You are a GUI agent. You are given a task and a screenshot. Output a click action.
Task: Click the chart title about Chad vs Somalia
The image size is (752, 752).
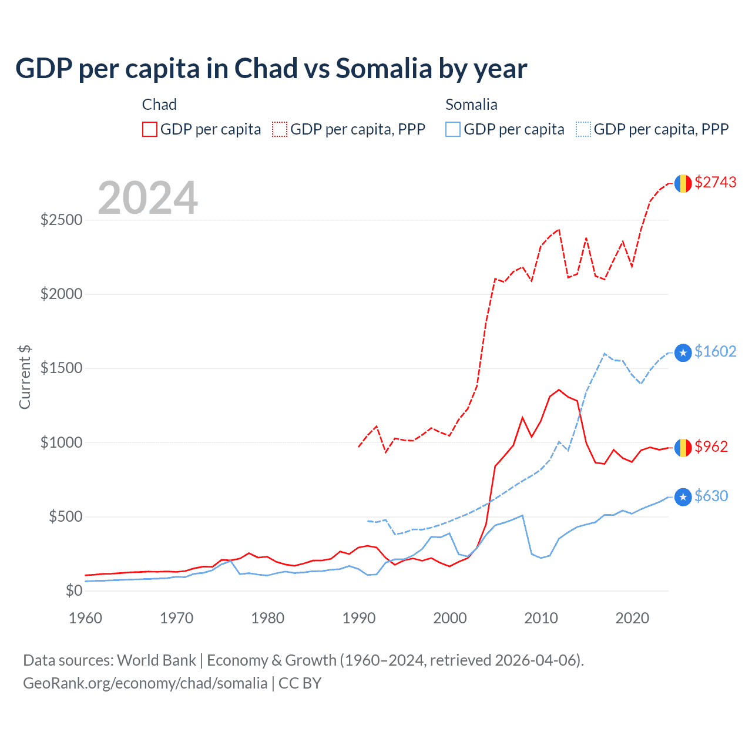click(x=271, y=69)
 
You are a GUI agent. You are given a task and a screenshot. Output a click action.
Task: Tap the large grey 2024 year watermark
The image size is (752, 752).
click(x=147, y=198)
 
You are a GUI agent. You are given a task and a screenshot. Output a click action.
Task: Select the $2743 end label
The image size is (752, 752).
click(x=715, y=183)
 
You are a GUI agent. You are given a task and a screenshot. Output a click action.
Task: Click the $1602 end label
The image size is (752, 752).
click(x=715, y=351)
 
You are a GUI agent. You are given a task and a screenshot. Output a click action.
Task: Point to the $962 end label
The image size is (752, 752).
click(x=711, y=447)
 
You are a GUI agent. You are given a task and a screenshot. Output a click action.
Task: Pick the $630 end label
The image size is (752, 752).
click(x=711, y=496)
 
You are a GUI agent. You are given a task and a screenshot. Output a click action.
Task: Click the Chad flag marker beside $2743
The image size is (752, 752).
click(x=683, y=183)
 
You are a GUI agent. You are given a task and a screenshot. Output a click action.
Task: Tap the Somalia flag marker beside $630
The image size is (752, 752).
click(x=683, y=498)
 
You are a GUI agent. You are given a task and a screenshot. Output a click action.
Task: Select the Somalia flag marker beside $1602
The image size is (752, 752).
click(x=683, y=352)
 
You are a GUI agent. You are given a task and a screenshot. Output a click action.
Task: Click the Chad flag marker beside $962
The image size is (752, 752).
click(x=683, y=448)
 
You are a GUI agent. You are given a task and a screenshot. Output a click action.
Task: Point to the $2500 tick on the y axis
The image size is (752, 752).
click(x=61, y=220)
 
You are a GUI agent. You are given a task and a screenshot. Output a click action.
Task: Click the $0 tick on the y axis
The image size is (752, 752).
click(x=73, y=590)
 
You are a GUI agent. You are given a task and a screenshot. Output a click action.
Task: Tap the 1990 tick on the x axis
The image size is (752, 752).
click(x=359, y=618)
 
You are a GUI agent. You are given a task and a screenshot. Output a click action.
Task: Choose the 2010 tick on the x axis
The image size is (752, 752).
click(x=541, y=618)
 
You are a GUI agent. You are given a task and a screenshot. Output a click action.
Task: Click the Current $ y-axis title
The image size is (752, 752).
click(x=25, y=377)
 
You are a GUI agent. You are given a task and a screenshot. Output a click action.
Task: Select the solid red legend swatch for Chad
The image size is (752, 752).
click(x=150, y=129)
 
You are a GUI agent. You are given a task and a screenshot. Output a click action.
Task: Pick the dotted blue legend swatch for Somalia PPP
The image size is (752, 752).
click(x=583, y=129)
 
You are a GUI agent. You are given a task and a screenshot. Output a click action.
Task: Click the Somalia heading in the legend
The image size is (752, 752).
click(x=471, y=105)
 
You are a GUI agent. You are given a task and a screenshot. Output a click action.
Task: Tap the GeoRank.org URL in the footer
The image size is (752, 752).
click(x=145, y=683)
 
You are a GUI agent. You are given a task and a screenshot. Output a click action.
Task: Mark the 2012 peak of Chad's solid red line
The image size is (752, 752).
click(x=559, y=390)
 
